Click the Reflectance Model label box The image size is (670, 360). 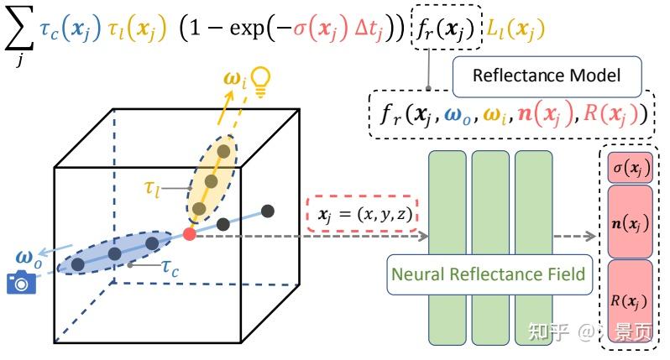[547, 76]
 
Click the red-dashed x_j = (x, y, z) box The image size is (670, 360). [364, 215]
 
